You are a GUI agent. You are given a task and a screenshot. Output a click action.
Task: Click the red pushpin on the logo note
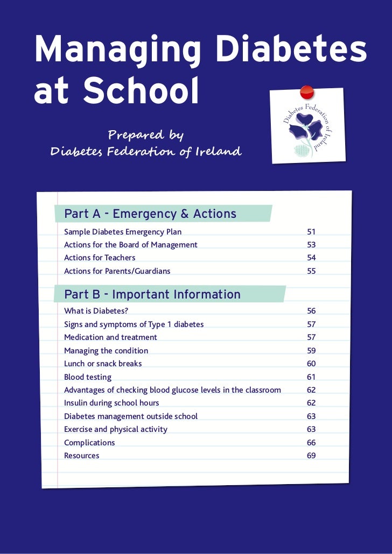pos(306,91)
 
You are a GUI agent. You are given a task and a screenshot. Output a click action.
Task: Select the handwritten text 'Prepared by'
pos(146,134)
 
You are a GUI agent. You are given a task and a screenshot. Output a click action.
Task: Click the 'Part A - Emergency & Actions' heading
pos(150,214)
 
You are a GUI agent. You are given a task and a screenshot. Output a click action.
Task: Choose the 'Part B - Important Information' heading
pos(152,294)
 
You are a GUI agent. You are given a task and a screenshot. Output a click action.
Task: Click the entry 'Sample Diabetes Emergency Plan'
pos(123,232)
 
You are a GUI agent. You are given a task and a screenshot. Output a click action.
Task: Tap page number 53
pos(311,245)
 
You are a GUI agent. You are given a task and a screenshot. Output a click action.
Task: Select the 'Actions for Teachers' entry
pos(100,258)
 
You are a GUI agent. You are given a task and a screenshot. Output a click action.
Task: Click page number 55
pos(311,271)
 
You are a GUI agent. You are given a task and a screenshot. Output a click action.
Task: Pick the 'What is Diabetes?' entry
pos(96,311)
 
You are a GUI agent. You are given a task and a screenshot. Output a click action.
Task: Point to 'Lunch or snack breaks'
pos(103,364)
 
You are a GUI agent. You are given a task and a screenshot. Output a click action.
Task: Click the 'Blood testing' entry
pos(88,377)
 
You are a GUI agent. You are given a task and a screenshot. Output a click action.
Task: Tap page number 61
pos(311,377)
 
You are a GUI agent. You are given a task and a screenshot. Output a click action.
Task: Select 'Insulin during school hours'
pos(111,403)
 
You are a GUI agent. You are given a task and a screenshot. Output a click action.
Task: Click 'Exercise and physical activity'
pos(116,429)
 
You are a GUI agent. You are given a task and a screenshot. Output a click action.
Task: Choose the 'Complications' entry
pos(89,443)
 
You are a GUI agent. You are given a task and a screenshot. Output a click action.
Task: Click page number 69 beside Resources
pos(311,456)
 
